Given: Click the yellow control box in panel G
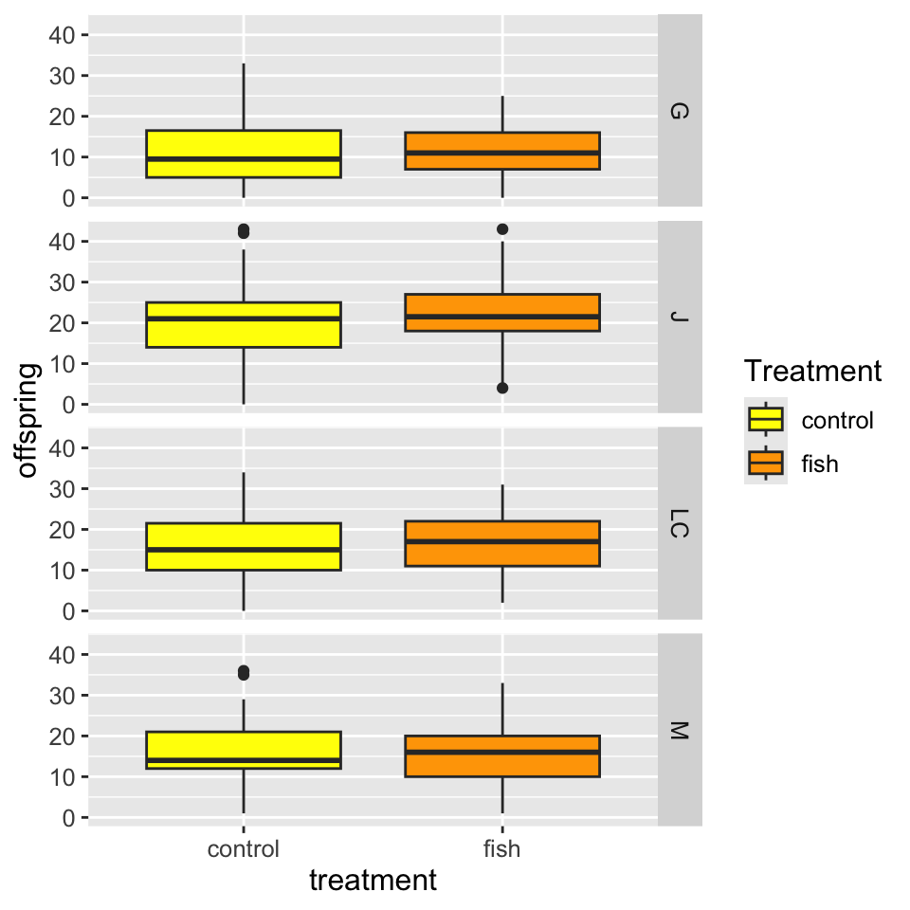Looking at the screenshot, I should [244, 154].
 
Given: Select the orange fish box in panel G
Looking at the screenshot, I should [502, 151].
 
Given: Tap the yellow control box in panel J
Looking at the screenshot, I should [244, 325].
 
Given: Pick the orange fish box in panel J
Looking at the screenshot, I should [502, 313].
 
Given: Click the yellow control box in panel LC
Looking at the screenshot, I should [244, 546].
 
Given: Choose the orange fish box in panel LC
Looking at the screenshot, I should [502, 543].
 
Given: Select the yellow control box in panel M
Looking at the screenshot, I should [244, 750].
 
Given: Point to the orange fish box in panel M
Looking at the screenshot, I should [502, 756].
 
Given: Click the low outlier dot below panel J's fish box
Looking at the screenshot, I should [502, 388].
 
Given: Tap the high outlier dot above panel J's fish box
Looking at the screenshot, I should [502, 229].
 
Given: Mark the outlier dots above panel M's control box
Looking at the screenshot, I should [244, 672].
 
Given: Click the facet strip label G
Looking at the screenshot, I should [680, 111].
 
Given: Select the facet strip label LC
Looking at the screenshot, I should [680, 522].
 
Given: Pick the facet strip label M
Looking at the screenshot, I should [680, 730].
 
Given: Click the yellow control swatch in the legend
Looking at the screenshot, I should [766, 419].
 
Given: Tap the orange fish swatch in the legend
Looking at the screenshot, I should [766, 463].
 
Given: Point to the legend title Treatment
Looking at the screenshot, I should [813, 371].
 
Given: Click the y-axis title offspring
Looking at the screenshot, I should [28, 420].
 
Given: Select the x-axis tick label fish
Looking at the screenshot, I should [502, 848].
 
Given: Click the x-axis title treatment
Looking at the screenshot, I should [373, 881].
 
